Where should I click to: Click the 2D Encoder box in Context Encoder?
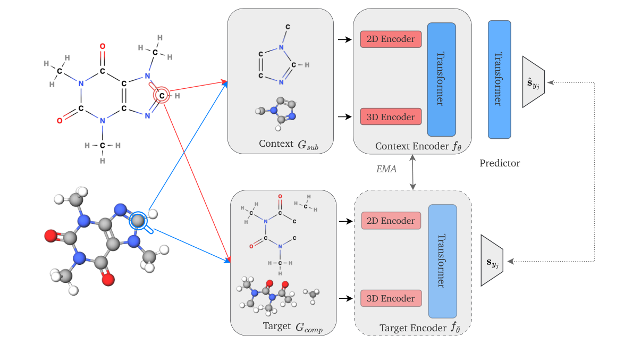391,39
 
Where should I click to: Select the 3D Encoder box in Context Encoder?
391,116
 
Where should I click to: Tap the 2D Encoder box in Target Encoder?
391,221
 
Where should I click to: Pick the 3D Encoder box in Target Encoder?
391,298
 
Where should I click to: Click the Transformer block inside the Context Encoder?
441,79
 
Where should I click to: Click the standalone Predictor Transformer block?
499,79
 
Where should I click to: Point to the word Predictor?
500,163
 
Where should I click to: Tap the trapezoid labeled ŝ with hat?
534,82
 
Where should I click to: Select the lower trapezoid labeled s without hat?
492,261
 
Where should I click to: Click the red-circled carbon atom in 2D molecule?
162,96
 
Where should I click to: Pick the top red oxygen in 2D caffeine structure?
102,46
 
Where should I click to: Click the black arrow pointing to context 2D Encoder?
345,39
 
